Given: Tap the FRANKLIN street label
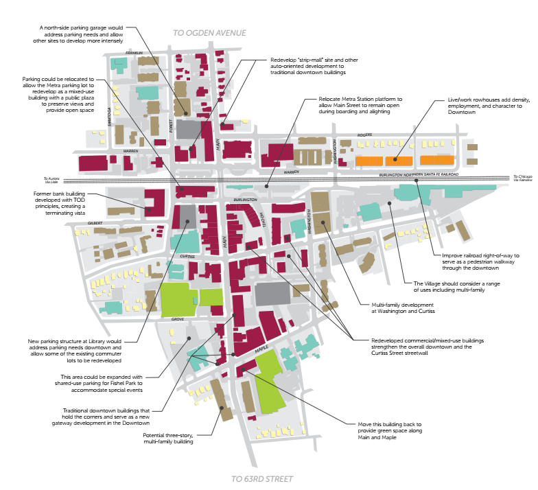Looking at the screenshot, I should pyautogui.click(x=134, y=53).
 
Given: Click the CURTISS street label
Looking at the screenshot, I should pyautogui.click(x=188, y=257).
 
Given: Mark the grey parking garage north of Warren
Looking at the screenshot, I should pyautogui.click(x=189, y=130).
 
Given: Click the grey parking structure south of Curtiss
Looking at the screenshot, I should pyautogui.click(x=272, y=293).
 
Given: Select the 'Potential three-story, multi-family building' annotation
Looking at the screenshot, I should pyautogui.click(x=167, y=439).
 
